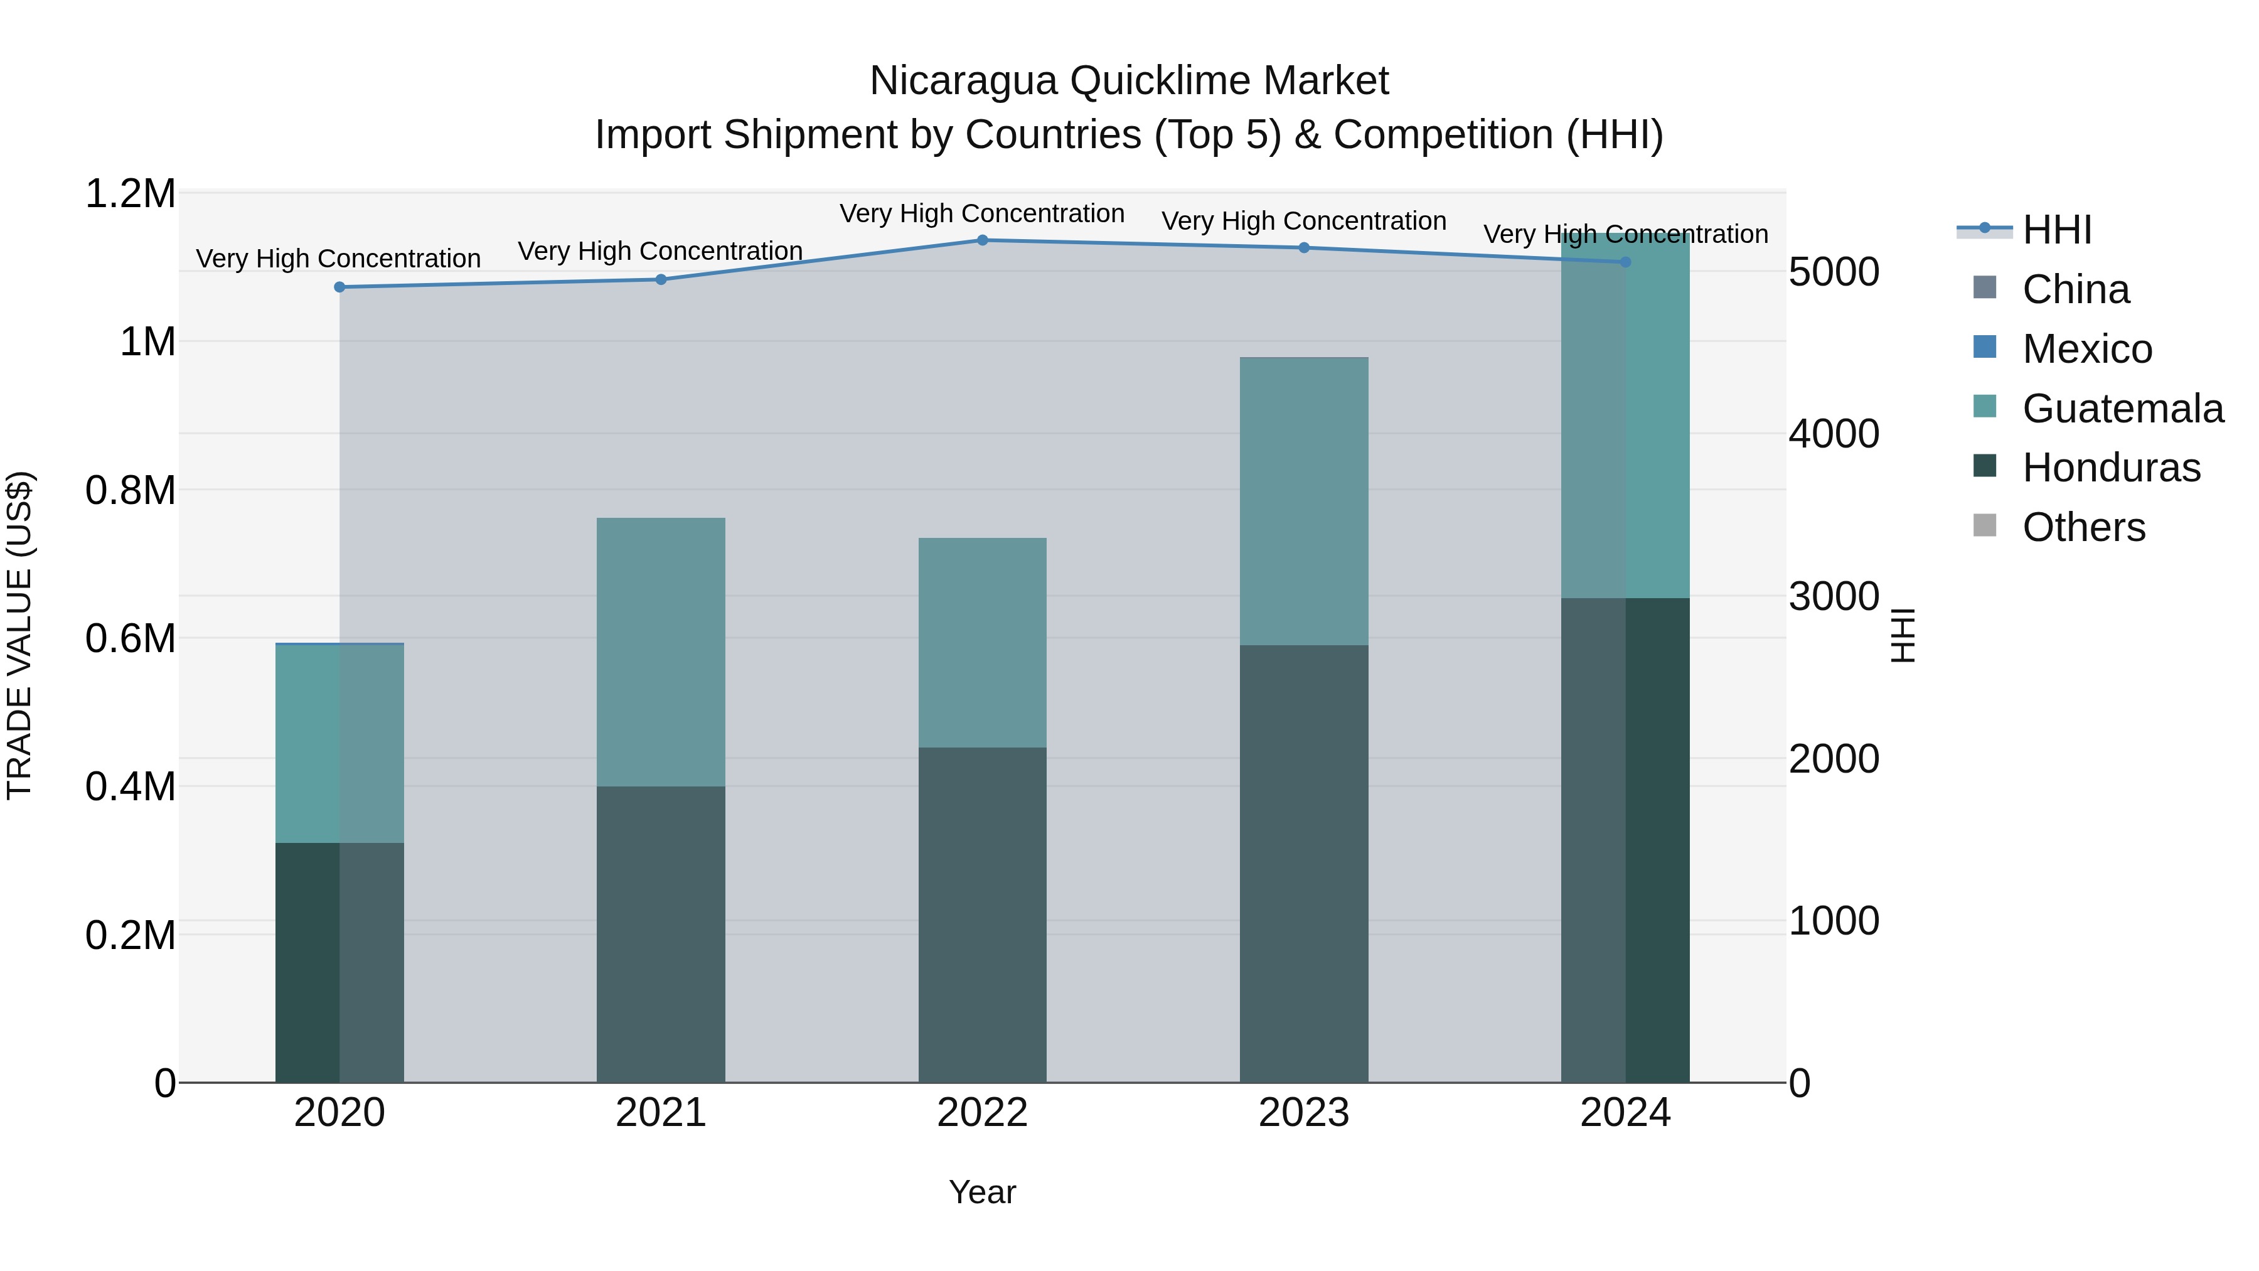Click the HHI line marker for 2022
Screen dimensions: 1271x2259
tap(982, 240)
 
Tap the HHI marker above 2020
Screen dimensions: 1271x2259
tap(339, 287)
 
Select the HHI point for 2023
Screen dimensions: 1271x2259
tap(1303, 247)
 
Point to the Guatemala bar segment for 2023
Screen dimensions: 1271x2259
tap(1303, 501)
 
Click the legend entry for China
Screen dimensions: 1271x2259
tap(2075, 289)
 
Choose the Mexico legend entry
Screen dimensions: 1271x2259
tap(2086, 349)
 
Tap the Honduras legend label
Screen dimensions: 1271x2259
tap(2111, 468)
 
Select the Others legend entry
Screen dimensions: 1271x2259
tap(2083, 527)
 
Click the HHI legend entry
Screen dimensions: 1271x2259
tap(2056, 230)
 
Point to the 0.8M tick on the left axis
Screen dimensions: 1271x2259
tap(131, 490)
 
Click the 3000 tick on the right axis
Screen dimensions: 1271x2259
tap(1834, 596)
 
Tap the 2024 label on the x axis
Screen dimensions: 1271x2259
tap(1625, 1113)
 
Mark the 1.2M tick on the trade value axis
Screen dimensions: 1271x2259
tap(131, 194)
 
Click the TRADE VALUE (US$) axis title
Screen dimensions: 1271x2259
tap(19, 635)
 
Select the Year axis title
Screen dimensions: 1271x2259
tap(982, 1192)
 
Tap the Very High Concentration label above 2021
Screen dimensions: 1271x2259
tap(660, 251)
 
